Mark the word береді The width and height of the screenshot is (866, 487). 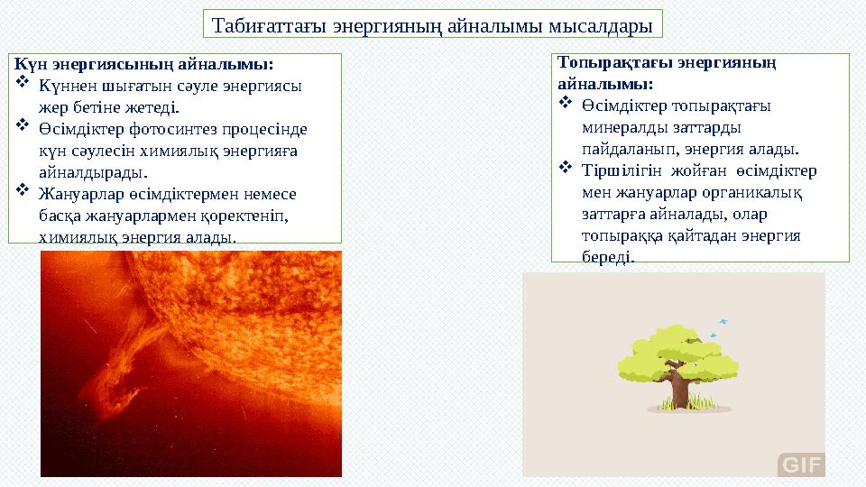(609, 257)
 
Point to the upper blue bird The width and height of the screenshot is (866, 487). (723, 321)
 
